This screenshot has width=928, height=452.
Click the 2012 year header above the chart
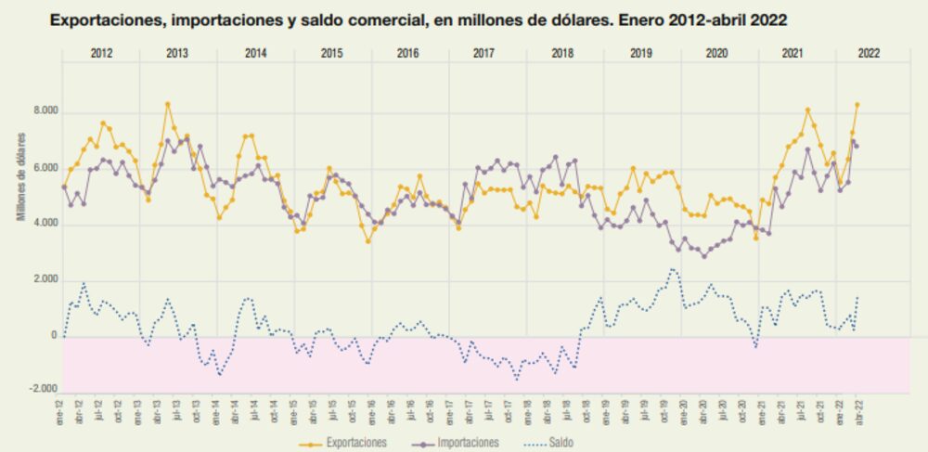101,53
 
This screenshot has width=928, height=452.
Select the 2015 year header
331,53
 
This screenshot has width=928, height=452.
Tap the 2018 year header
562,53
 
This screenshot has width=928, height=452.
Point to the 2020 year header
717,53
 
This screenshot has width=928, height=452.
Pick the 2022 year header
869,53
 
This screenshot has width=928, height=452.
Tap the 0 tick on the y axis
54,337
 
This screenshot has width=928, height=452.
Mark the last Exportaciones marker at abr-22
857,105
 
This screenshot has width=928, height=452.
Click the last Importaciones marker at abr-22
857,146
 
